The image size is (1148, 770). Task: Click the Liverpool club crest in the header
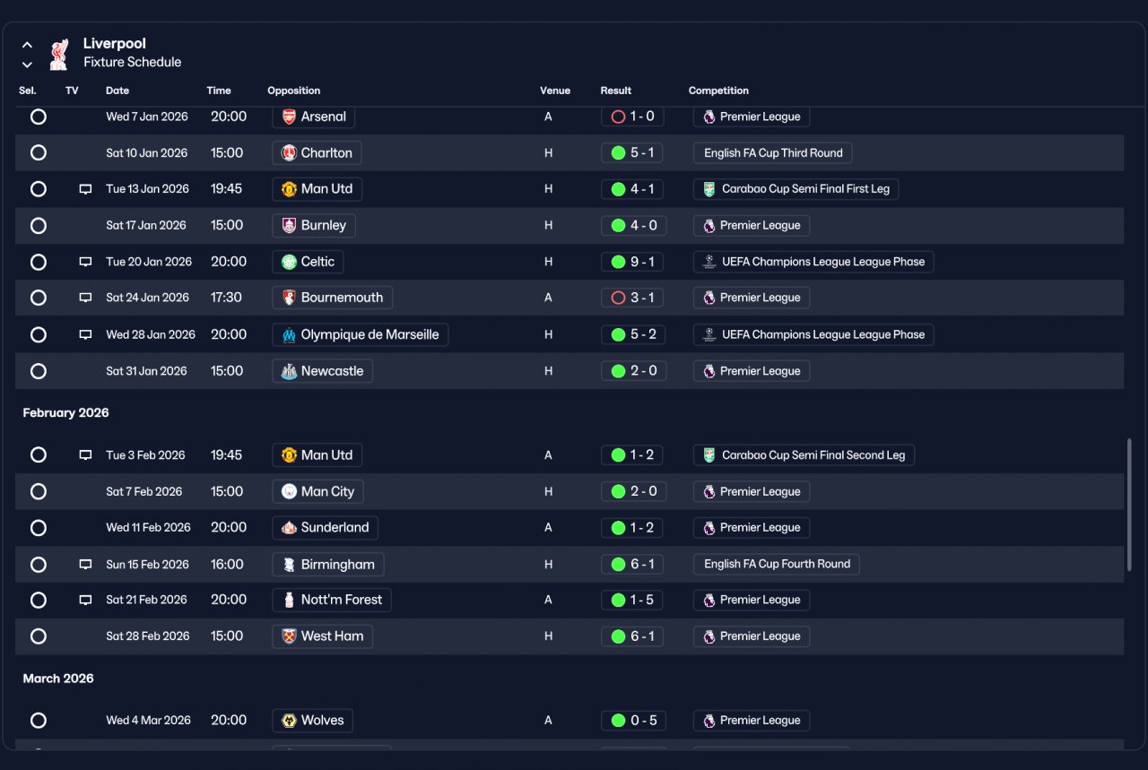(x=59, y=55)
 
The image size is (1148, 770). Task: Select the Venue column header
(x=554, y=91)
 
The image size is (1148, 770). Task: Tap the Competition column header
(x=718, y=91)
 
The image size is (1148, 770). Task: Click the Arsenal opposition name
(x=323, y=117)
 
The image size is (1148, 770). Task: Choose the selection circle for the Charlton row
(x=39, y=152)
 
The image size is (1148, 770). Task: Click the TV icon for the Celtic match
(x=85, y=262)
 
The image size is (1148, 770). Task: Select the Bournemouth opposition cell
(x=332, y=298)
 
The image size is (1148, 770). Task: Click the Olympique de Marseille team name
(x=370, y=334)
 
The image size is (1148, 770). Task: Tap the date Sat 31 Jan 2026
(x=146, y=371)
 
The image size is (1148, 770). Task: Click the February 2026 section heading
(x=65, y=413)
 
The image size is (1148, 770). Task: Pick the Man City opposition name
(x=327, y=492)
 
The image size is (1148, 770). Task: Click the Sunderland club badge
(x=289, y=528)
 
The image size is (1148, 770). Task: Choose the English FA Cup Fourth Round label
(x=777, y=564)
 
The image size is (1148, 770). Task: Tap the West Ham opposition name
(x=332, y=636)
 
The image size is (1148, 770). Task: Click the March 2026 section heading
(x=58, y=679)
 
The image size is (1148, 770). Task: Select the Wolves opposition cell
(x=312, y=721)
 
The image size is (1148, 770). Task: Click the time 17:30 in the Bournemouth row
(x=226, y=298)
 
